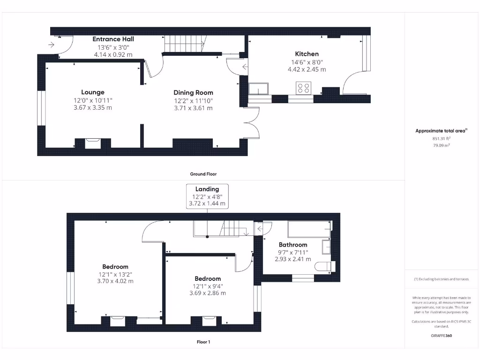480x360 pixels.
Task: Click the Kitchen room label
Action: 307,54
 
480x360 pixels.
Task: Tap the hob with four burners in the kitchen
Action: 304,88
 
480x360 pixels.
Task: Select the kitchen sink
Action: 258,89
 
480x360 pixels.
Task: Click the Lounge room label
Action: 93,92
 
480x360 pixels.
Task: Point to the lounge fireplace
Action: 92,142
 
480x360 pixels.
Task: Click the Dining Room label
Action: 193,92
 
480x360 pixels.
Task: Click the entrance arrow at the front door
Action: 51,45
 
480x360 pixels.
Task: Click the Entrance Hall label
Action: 113,39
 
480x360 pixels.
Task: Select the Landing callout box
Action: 207,196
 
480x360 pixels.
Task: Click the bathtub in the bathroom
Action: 308,229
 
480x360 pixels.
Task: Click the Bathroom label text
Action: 293,245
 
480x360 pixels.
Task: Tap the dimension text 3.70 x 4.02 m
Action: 115,281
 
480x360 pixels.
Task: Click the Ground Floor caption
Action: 203,174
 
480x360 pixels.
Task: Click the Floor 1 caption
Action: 203,342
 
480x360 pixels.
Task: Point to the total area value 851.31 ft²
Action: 441,139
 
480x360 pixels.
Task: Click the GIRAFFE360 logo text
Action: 441,336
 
